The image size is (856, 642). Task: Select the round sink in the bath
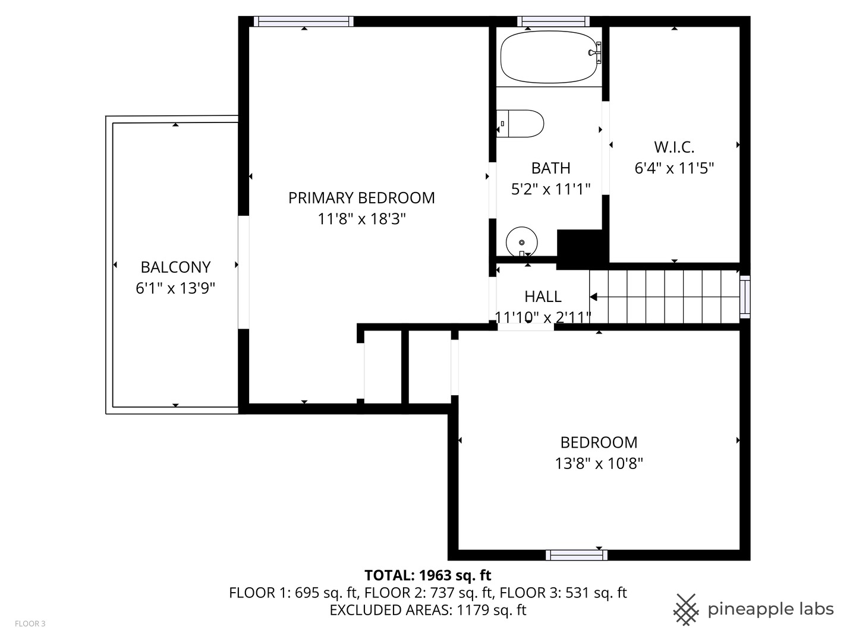(x=521, y=242)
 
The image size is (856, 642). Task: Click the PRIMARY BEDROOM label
(x=361, y=198)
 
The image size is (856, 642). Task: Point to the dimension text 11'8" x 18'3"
(x=361, y=219)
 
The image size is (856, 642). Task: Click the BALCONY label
(x=175, y=267)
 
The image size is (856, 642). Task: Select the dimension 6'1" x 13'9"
(x=175, y=289)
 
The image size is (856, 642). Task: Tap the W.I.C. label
(x=674, y=147)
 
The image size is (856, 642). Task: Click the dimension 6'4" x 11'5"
(x=674, y=168)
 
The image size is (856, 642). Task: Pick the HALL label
(x=543, y=296)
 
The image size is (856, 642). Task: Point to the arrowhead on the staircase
(x=593, y=297)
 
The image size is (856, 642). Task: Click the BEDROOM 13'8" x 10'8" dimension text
(x=599, y=464)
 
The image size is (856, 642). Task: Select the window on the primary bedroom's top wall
(x=304, y=21)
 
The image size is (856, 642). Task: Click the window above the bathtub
(x=553, y=21)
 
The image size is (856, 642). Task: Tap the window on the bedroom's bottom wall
(x=576, y=555)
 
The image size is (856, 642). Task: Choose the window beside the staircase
(x=744, y=297)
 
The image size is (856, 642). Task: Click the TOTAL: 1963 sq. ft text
(x=427, y=575)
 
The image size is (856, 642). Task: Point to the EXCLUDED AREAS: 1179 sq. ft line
(x=427, y=610)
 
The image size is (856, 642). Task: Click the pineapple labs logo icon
(x=685, y=609)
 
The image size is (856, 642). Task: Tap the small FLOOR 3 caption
(x=30, y=624)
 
